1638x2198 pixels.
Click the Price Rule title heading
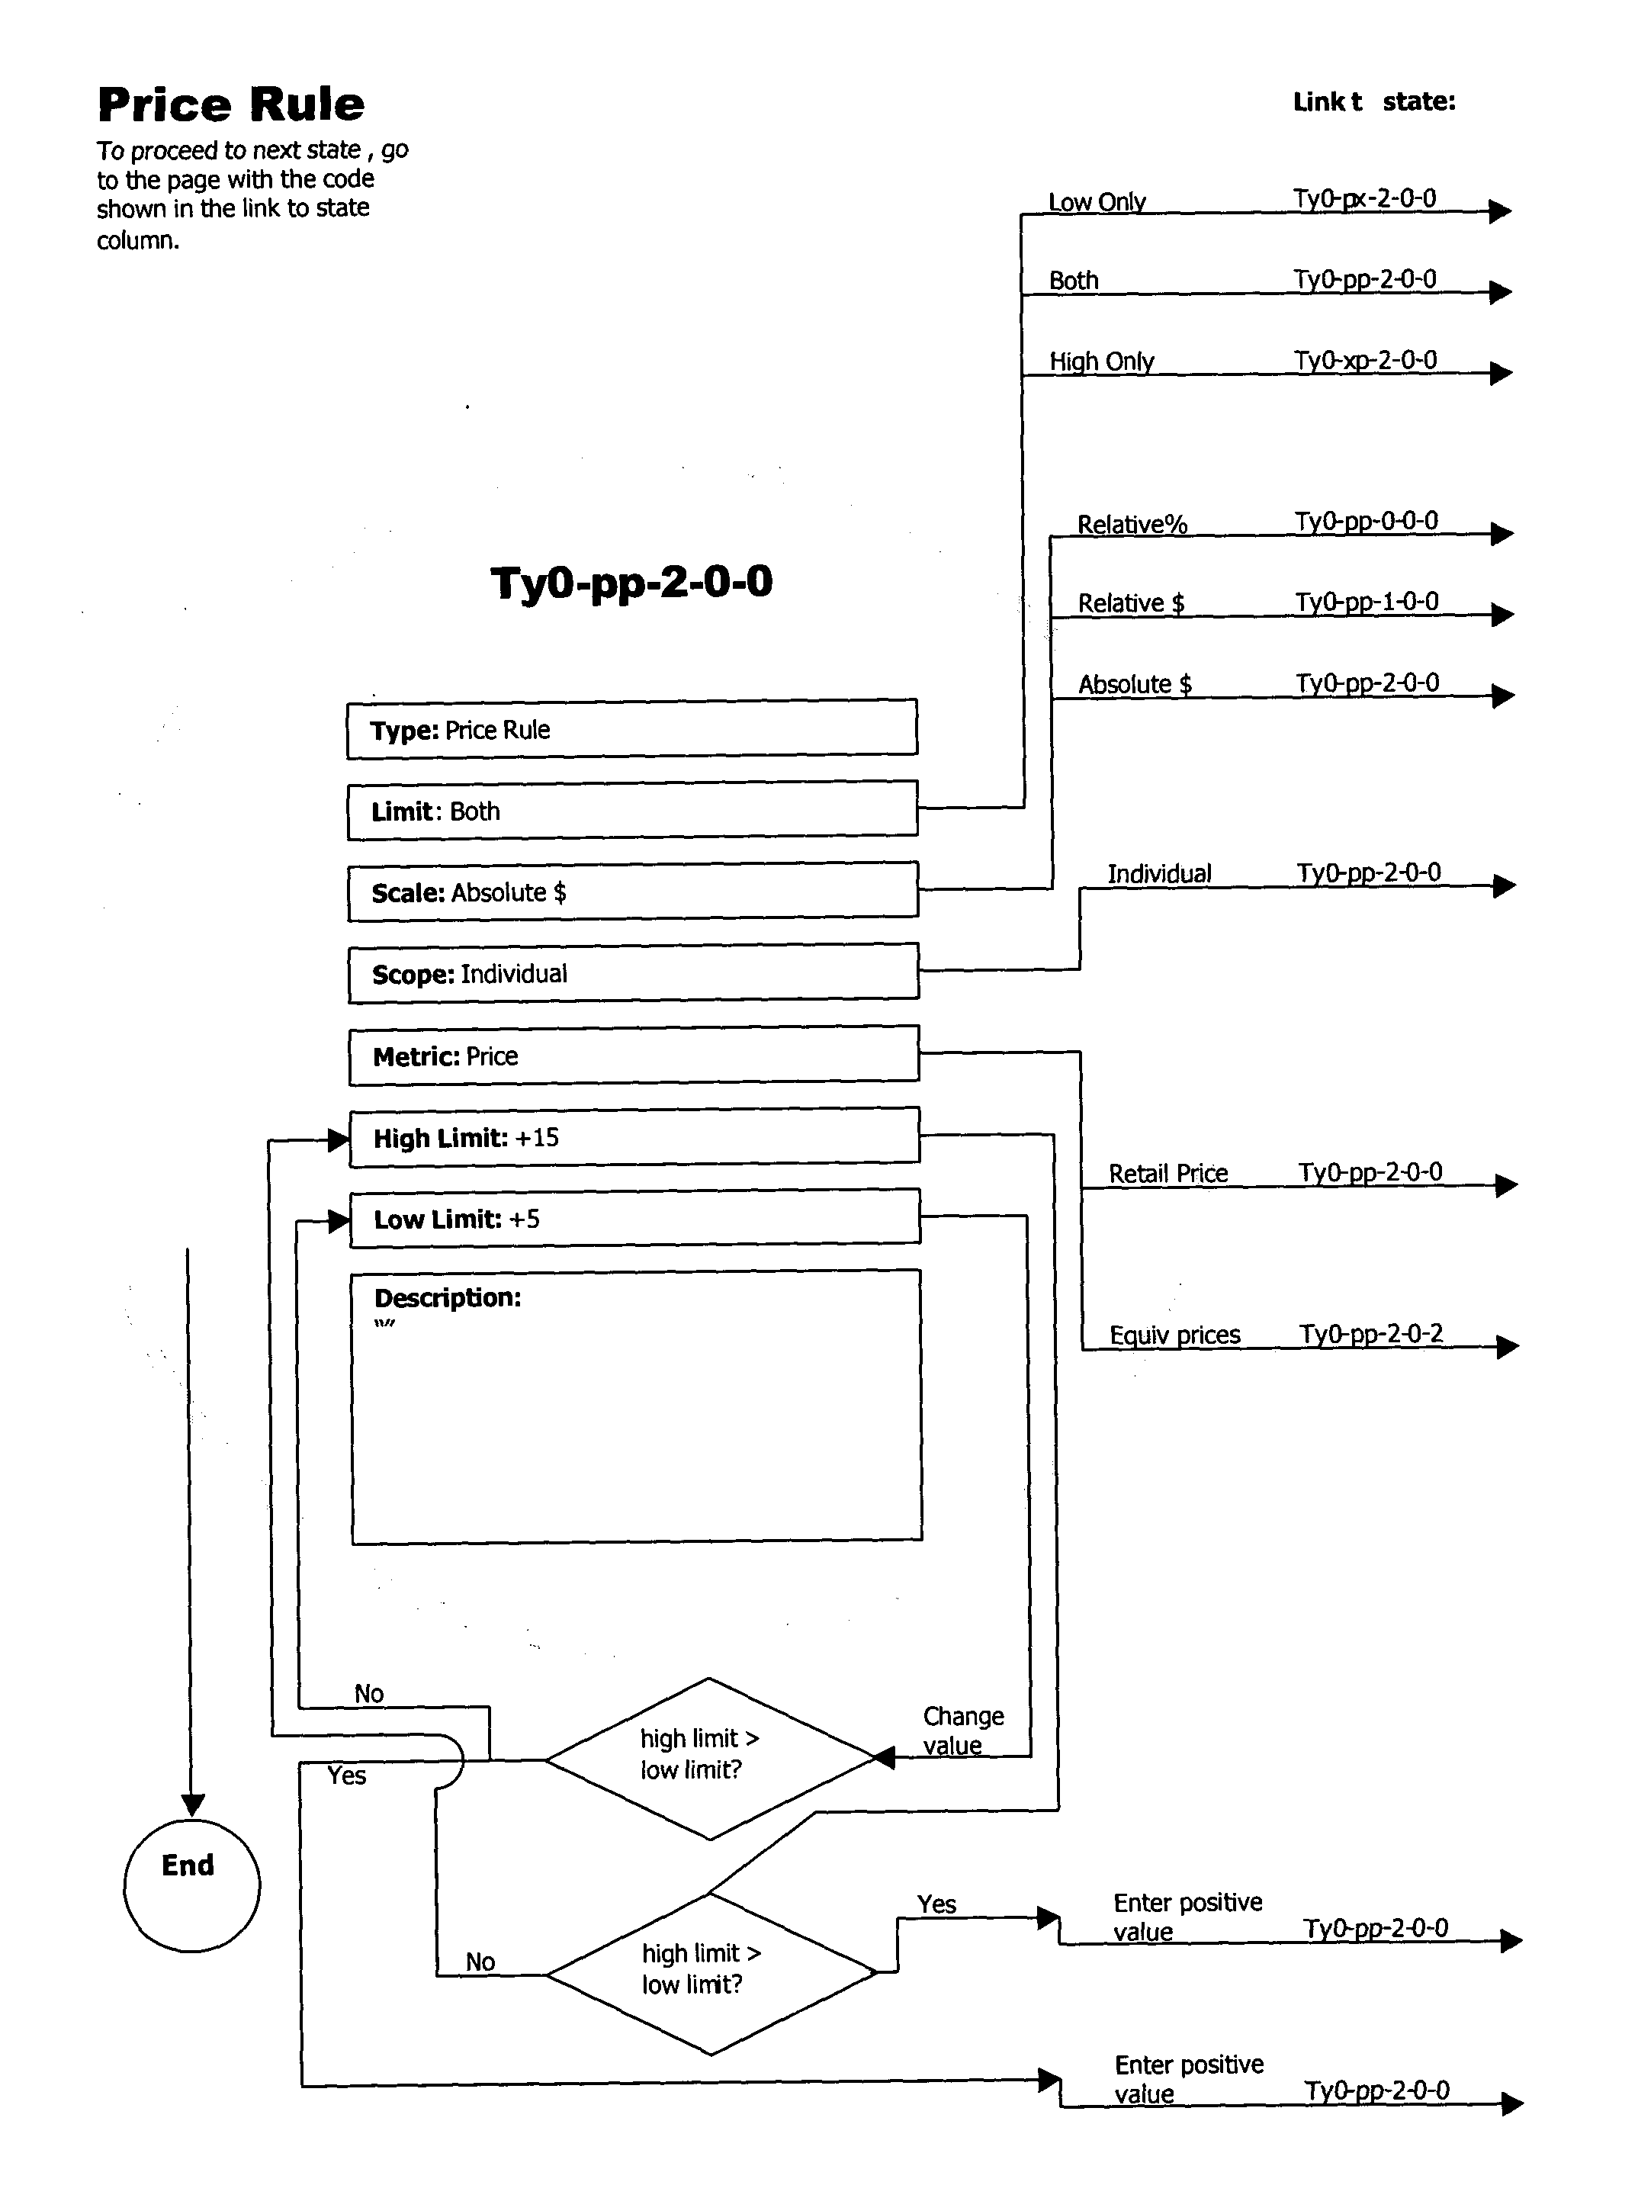tap(231, 104)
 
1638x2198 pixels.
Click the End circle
tap(191, 1885)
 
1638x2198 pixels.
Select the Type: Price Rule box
tap(631, 730)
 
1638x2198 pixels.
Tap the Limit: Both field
tap(631, 811)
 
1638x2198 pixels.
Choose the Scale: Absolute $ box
tap(631, 892)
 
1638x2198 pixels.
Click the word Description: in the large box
tap(447, 1298)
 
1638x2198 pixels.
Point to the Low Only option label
tap(1097, 201)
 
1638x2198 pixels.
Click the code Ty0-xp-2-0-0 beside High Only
tap(1364, 360)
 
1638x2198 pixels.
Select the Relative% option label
tap(1132, 525)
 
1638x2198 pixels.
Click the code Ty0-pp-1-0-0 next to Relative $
tap(1367, 602)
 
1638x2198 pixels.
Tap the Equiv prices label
tap(1174, 1335)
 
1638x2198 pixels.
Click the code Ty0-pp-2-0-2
tap(1370, 1333)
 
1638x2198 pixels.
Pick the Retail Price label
tap(1167, 1173)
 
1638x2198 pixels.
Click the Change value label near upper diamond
tap(962, 1730)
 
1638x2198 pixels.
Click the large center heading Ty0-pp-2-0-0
tap(631, 582)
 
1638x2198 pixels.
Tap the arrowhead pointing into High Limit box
tap(338, 1140)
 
